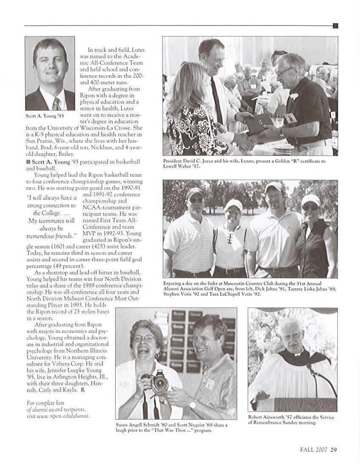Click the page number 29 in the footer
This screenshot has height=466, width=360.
pyautogui.click(x=334, y=450)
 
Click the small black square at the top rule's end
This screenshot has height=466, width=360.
pyautogui.click(x=335, y=25)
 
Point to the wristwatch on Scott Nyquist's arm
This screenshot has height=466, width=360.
pyautogui.click(x=193, y=404)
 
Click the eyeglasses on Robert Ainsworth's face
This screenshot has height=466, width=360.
pyautogui.click(x=292, y=337)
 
